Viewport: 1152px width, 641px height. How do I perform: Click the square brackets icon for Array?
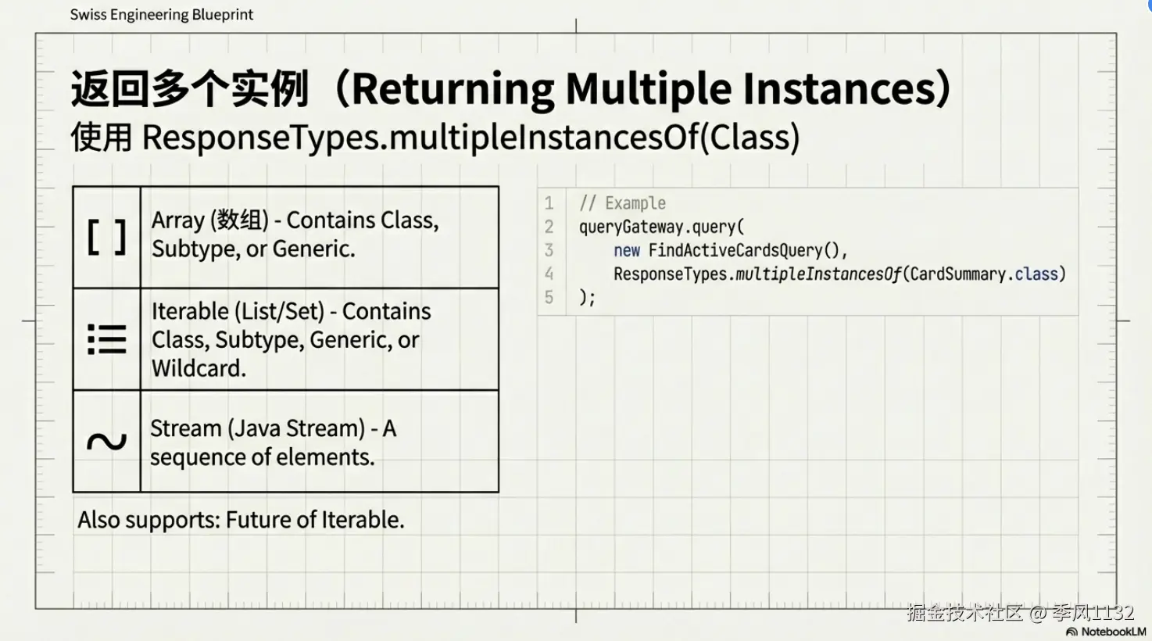tap(106, 237)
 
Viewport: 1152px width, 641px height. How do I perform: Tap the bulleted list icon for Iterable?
tap(106, 339)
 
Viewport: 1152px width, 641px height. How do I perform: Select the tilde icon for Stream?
tap(106, 441)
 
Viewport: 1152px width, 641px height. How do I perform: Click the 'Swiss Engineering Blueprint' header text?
tap(162, 14)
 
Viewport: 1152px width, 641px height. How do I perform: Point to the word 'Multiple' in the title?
tap(648, 89)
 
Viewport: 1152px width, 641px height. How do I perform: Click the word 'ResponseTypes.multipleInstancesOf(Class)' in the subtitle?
tap(470, 138)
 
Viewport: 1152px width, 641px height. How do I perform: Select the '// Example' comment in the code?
tap(622, 203)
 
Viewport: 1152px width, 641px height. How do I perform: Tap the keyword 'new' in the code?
tap(626, 250)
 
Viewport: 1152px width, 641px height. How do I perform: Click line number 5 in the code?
tap(549, 297)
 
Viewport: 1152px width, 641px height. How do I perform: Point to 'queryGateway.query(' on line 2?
tap(662, 227)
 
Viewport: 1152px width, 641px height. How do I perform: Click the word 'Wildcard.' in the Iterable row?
tap(199, 368)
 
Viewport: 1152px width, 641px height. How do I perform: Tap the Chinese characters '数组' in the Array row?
tap(239, 220)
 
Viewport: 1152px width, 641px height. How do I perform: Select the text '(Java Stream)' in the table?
tap(295, 428)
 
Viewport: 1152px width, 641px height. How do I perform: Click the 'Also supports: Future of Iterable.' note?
tap(241, 520)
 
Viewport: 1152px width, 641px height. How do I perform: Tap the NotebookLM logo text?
tap(1114, 631)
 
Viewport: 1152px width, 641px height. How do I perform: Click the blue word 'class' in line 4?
tap(1036, 274)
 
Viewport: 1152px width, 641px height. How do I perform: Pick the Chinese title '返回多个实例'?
tap(190, 88)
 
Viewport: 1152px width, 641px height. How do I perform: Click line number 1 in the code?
tap(549, 203)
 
